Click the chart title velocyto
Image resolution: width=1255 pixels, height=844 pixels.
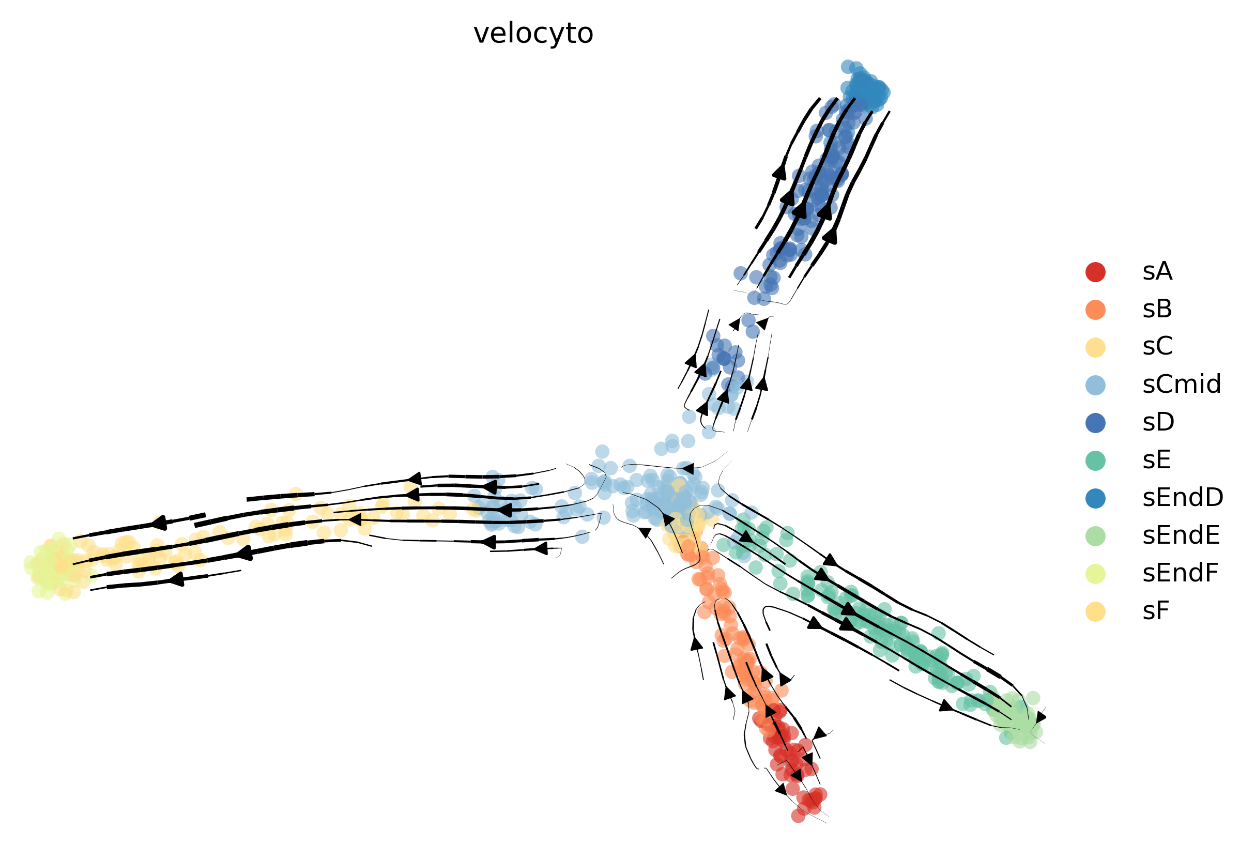click(x=533, y=34)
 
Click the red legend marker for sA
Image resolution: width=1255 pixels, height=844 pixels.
click(x=1095, y=272)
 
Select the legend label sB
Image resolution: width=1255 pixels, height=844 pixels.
click(x=1157, y=310)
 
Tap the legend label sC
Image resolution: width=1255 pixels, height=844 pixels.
click(x=1157, y=347)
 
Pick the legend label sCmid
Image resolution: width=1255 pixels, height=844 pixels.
click(x=1181, y=385)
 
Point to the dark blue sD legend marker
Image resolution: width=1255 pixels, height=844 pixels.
click(x=1095, y=423)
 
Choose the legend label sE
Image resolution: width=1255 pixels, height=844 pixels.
click(x=1156, y=460)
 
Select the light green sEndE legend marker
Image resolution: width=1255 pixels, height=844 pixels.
click(x=1095, y=536)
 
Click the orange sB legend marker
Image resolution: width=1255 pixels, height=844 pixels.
click(x=1095, y=310)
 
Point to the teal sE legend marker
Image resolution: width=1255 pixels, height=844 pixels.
click(x=1095, y=460)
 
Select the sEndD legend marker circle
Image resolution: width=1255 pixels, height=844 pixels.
click(x=1095, y=498)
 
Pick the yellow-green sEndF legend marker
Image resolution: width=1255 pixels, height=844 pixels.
click(x=1095, y=574)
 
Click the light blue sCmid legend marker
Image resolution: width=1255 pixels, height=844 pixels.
click(x=1095, y=385)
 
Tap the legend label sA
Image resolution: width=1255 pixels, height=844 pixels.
click(x=1157, y=272)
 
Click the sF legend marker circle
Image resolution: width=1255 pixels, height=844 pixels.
click(x=1095, y=611)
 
